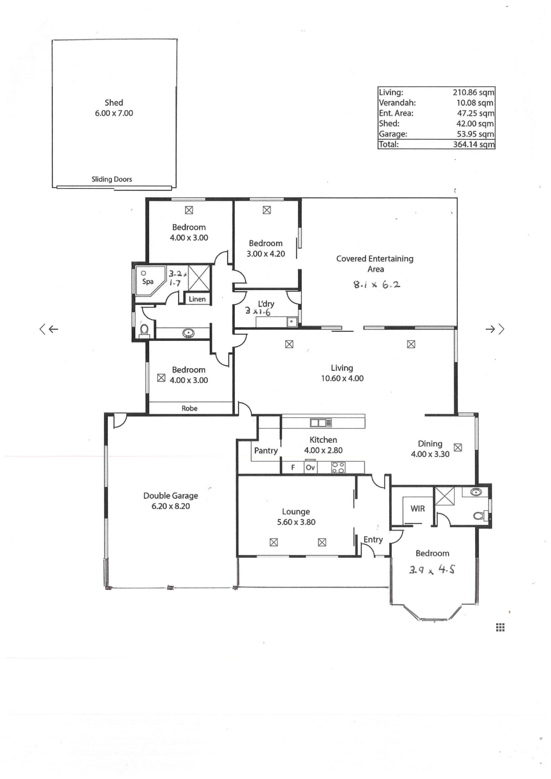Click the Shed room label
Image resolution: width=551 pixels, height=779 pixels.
[x=114, y=102]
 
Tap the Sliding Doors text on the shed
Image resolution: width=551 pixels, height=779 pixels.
[x=112, y=179]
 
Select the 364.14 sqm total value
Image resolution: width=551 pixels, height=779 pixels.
[x=474, y=144]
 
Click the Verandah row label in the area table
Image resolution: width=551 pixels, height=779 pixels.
[x=397, y=103]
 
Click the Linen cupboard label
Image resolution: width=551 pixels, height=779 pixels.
[x=197, y=299]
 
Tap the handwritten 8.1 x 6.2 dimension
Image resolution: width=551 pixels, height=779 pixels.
[x=377, y=284]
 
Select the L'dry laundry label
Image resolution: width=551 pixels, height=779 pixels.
[x=266, y=304]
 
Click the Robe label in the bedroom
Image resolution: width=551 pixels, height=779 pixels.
[x=189, y=409]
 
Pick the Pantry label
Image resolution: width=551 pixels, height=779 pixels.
[x=266, y=450]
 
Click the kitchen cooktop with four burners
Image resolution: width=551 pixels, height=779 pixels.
[x=338, y=467]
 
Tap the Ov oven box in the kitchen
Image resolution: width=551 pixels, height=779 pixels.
[x=310, y=467]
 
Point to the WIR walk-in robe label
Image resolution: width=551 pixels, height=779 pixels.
[x=417, y=509]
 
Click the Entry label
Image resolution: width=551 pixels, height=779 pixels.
[x=373, y=539]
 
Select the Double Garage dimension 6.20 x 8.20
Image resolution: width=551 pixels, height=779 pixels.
[x=171, y=506]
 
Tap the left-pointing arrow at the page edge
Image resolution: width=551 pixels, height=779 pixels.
[x=49, y=329]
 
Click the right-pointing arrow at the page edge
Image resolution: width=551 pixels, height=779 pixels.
[x=495, y=329]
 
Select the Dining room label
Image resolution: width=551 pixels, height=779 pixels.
[x=430, y=444]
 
